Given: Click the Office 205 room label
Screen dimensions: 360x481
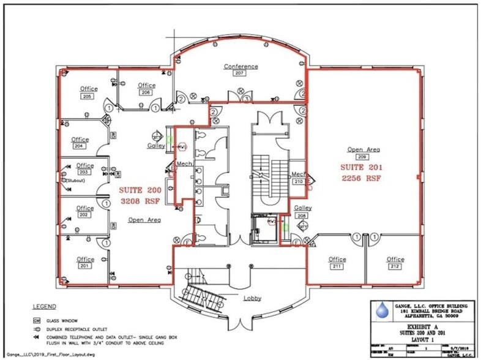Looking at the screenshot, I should [88, 92].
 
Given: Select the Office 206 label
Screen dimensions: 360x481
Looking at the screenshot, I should [146, 88].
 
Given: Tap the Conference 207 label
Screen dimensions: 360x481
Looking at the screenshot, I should [240, 69].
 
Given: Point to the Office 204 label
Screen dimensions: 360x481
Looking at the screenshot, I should [80, 143].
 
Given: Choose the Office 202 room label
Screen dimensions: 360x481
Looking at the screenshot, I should [85, 211].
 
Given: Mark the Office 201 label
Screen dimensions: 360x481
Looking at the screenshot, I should [85, 263].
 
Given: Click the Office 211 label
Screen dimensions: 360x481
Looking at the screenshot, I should [337, 263].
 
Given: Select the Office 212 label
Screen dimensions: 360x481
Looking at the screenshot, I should [395, 263].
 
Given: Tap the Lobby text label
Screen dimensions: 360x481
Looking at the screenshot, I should [252, 298].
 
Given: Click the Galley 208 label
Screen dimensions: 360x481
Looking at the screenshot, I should [303, 211].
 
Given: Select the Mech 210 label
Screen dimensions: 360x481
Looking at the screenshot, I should [299, 178].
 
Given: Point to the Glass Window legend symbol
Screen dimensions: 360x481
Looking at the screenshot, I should [37, 320].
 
